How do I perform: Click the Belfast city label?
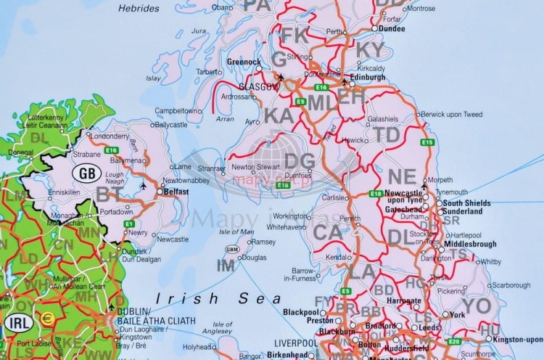176,192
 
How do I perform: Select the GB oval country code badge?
86,173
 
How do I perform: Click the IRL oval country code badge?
17,322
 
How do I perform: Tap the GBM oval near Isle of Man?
232,249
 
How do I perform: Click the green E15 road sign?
427,142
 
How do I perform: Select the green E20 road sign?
454,341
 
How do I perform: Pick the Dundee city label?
392,28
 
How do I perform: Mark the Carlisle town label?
334,197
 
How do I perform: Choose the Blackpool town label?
301,311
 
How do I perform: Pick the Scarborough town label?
508,285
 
